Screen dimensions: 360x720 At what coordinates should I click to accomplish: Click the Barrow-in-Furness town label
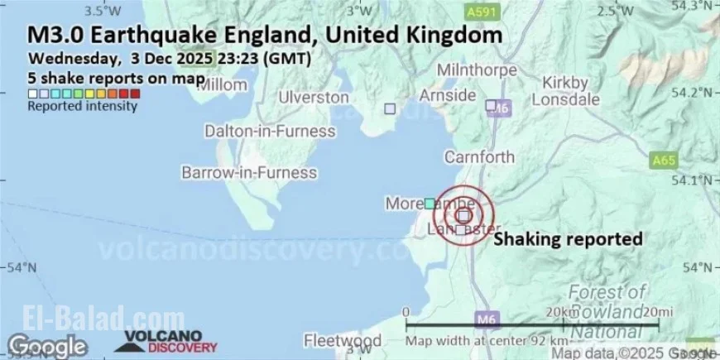click(x=249, y=173)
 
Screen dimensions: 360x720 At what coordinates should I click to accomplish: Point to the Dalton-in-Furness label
click(x=270, y=132)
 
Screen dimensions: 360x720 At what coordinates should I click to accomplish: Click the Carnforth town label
click(x=479, y=157)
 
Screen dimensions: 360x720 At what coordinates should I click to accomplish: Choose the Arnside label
click(x=448, y=94)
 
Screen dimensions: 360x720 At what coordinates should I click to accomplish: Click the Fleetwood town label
click(x=342, y=341)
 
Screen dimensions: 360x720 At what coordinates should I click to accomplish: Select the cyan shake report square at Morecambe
click(x=430, y=203)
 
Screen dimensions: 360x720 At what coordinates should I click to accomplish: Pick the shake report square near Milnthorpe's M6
click(x=491, y=106)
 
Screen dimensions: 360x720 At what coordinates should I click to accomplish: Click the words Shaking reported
click(x=568, y=239)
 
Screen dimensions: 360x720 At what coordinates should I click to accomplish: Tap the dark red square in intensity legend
click(x=135, y=94)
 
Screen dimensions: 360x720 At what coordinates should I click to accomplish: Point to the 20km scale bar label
click(x=562, y=311)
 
